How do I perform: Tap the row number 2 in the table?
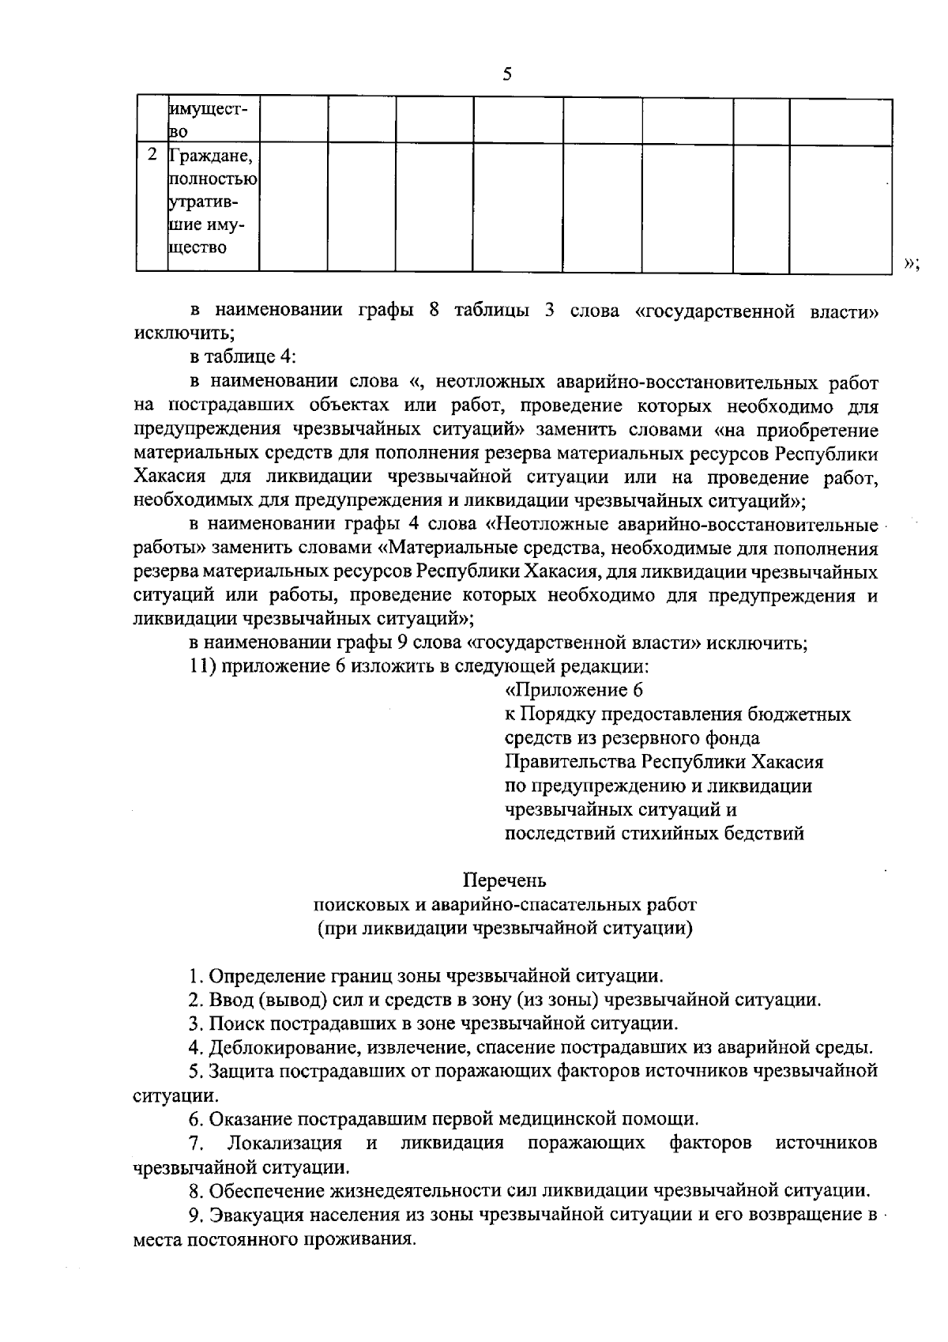[x=152, y=154]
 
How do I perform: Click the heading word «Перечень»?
[x=505, y=880]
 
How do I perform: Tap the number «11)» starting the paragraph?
[x=204, y=665]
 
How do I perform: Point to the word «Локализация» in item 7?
[x=284, y=1144]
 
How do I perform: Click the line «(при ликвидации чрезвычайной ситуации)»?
[x=505, y=928]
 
